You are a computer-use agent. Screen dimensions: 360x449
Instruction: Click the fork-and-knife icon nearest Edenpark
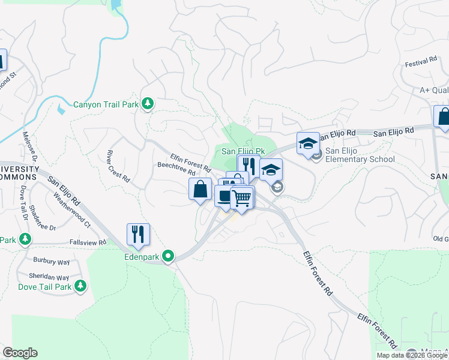[x=138, y=234]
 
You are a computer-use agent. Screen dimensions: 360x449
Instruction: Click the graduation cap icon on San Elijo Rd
[x=308, y=143]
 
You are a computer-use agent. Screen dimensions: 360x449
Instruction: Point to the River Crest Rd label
[x=118, y=166]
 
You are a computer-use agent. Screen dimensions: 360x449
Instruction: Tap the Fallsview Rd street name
[x=88, y=242]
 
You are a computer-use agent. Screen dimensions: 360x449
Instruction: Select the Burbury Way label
[x=52, y=262]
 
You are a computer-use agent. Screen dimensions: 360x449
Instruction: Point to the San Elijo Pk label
[x=243, y=152]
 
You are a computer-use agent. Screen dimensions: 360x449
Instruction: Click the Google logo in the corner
[x=20, y=353]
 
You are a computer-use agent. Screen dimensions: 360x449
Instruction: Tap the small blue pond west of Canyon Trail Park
[x=61, y=109]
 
